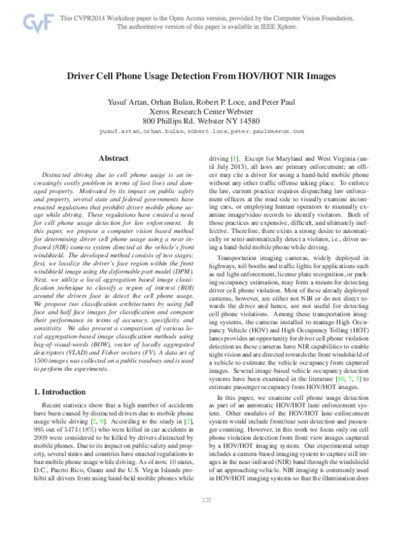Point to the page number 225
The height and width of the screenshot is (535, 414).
pos(206,518)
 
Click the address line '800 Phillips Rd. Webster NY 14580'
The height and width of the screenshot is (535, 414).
pos(207,119)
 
